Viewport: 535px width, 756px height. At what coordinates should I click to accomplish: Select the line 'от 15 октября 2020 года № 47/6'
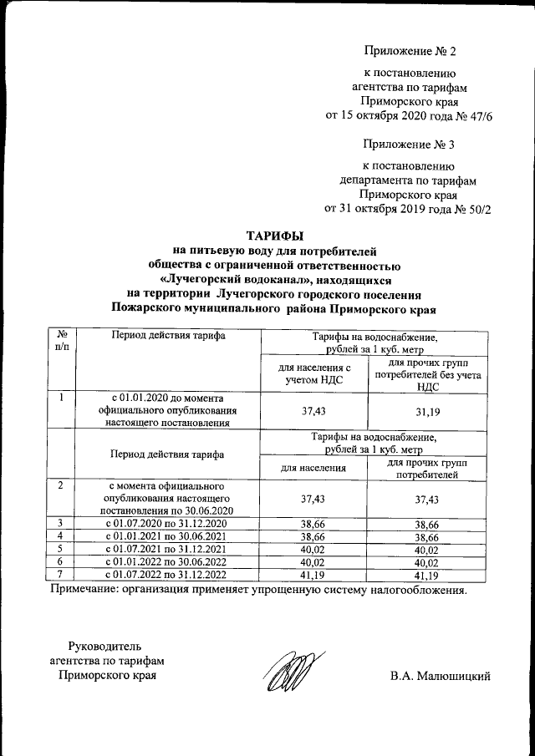408,116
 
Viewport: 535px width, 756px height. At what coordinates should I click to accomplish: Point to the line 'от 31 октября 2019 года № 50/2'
407,210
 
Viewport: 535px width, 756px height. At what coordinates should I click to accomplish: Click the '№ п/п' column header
61,341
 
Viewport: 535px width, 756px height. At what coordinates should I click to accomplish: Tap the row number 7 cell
61,576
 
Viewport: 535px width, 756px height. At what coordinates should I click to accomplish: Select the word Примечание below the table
86,591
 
